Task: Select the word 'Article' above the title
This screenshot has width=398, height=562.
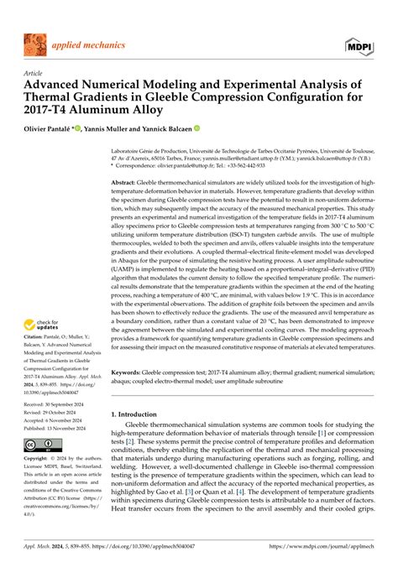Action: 33,74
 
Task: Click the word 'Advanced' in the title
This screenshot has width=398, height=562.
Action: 60,86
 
